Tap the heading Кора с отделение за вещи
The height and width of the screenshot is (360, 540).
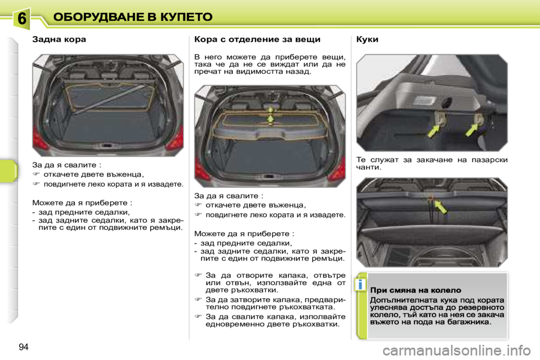point(257,40)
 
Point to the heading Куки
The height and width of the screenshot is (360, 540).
point(368,40)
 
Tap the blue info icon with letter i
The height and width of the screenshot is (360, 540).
point(357,286)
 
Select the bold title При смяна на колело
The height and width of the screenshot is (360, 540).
point(416,290)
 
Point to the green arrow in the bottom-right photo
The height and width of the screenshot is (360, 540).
point(439,206)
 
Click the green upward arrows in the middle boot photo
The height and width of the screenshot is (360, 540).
point(271,116)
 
